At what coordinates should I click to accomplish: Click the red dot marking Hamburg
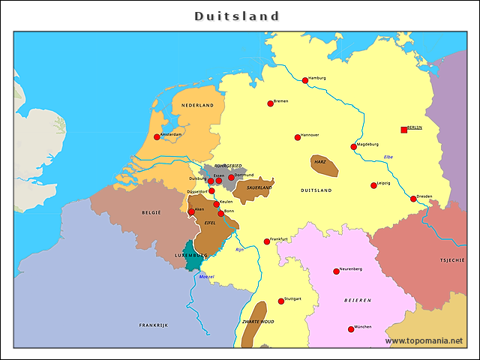click(305, 80)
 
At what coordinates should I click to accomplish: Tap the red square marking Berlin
click(404, 130)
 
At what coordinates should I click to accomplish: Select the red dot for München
click(351, 329)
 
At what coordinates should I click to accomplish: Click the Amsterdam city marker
click(157, 136)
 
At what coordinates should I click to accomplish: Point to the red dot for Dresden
click(413, 199)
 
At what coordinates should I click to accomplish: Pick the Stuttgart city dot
click(281, 301)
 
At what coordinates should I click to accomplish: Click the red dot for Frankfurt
click(267, 241)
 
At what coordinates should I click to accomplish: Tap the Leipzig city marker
click(373, 185)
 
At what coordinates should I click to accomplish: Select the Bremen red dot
click(271, 103)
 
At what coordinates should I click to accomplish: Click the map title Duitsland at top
click(237, 16)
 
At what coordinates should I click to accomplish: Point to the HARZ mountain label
click(319, 161)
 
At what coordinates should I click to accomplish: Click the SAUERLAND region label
click(259, 187)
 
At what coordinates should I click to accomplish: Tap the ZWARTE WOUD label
click(257, 321)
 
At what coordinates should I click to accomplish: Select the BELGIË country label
click(151, 213)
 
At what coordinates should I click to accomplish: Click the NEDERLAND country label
click(198, 106)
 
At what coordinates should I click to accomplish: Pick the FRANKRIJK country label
click(153, 325)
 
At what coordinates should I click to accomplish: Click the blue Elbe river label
click(388, 157)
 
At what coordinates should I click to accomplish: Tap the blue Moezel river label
click(206, 277)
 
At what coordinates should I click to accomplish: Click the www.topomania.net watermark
click(424, 340)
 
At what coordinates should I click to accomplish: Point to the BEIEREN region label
click(358, 300)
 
